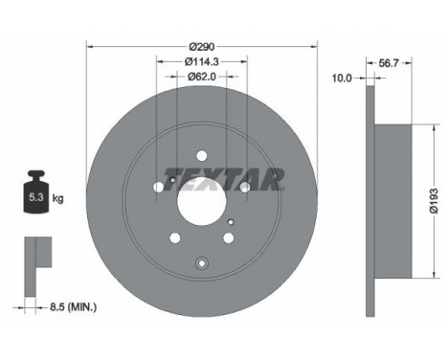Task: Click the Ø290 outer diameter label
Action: (201, 46)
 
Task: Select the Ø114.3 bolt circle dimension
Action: (201, 61)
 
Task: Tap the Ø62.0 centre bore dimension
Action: (201, 76)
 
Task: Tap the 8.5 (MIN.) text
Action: (74, 307)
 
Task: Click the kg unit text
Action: (57, 199)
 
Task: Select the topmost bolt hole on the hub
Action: (201, 156)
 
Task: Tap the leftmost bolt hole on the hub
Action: (159, 188)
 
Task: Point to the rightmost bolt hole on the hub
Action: (244, 188)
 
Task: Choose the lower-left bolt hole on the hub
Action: (174, 237)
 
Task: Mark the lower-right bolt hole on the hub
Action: (228, 237)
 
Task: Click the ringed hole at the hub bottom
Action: (201, 265)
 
